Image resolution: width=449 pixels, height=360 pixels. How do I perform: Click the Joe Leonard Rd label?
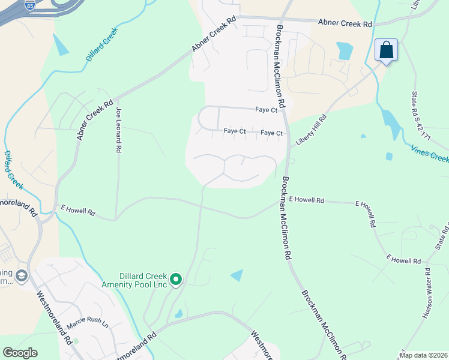coord(119,130)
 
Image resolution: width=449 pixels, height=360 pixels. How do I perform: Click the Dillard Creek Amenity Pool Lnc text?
coord(134,280)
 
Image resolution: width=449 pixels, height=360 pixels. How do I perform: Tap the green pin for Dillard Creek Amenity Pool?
coord(176,279)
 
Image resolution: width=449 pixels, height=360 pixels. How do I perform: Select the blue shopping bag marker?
coord(386,50)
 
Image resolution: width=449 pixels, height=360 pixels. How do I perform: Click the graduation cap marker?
coord(22,277)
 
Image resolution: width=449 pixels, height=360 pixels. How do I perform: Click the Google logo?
coord(20,353)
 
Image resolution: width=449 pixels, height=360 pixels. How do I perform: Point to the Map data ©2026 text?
coord(423,355)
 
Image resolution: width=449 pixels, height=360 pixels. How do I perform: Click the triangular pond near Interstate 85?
coord(61,46)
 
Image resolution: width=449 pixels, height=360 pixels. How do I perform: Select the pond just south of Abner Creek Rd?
coord(345,51)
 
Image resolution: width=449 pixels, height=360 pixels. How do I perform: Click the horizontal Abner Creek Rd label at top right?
coord(346,23)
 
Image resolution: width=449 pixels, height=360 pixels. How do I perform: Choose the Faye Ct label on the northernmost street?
coord(266,110)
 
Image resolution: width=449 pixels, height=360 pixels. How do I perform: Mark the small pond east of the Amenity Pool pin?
coord(237,275)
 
